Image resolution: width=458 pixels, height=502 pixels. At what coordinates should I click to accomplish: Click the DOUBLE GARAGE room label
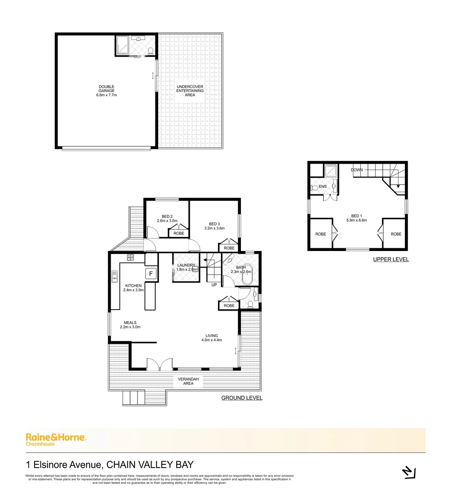(106, 91)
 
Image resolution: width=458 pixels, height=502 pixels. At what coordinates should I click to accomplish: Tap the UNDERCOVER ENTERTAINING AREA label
(190, 91)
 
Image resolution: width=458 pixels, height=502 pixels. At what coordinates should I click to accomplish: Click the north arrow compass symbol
(408, 472)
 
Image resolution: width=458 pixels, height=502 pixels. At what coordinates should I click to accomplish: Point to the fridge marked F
(151, 274)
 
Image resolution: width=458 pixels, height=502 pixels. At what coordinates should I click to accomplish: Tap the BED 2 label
(167, 217)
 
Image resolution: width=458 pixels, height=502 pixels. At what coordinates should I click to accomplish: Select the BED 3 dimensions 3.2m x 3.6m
(214, 228)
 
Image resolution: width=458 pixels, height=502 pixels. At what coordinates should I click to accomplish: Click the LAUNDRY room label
(186, 265)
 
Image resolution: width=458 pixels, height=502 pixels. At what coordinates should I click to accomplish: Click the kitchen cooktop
(130, 257)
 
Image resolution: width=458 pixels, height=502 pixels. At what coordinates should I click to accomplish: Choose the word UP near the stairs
(214, 285)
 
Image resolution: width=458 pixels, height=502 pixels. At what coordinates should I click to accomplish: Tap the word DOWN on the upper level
(357, 170)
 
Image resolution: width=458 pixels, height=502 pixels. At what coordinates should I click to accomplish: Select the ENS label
(323, 187)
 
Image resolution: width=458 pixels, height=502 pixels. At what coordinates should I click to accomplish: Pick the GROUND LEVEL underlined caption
(241, 398)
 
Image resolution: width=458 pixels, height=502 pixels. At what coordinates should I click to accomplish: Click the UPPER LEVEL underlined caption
(391, 259)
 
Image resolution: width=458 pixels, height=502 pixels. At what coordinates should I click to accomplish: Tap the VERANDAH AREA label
(188, 382)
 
